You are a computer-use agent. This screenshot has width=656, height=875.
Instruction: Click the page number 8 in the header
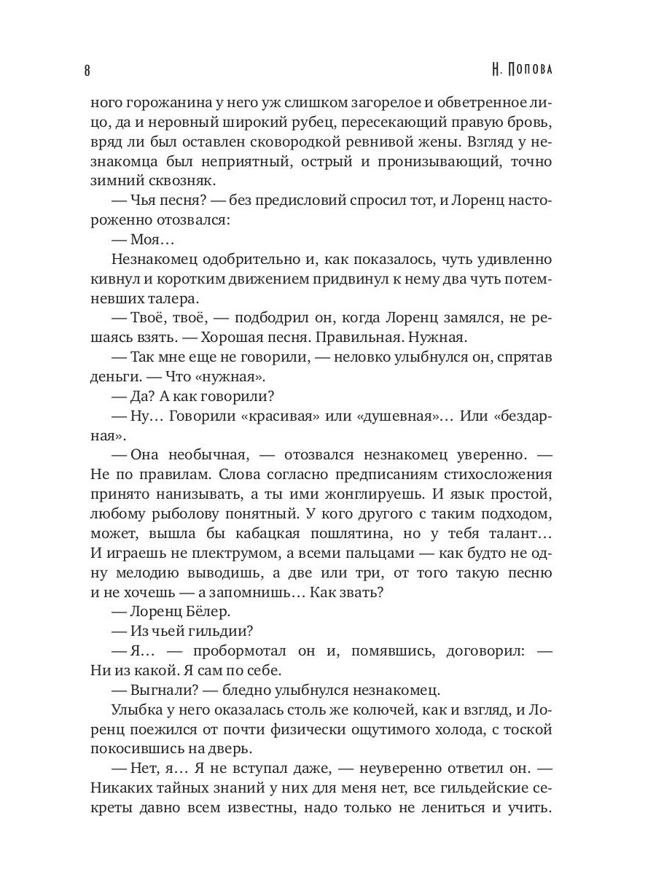pos(87,71)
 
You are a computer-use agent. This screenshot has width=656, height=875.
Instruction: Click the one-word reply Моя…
pos(152,239)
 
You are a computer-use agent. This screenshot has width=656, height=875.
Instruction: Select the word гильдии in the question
pos(215,632)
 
